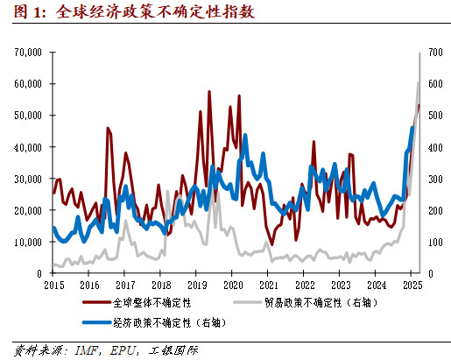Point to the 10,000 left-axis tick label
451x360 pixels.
click(27, 242)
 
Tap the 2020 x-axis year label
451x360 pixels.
click(232, 286)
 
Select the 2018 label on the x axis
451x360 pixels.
click(160, 286)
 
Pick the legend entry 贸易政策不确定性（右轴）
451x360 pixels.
click(318, 304)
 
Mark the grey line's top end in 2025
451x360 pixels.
click(418, 82)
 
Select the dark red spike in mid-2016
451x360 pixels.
click(107, 128)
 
